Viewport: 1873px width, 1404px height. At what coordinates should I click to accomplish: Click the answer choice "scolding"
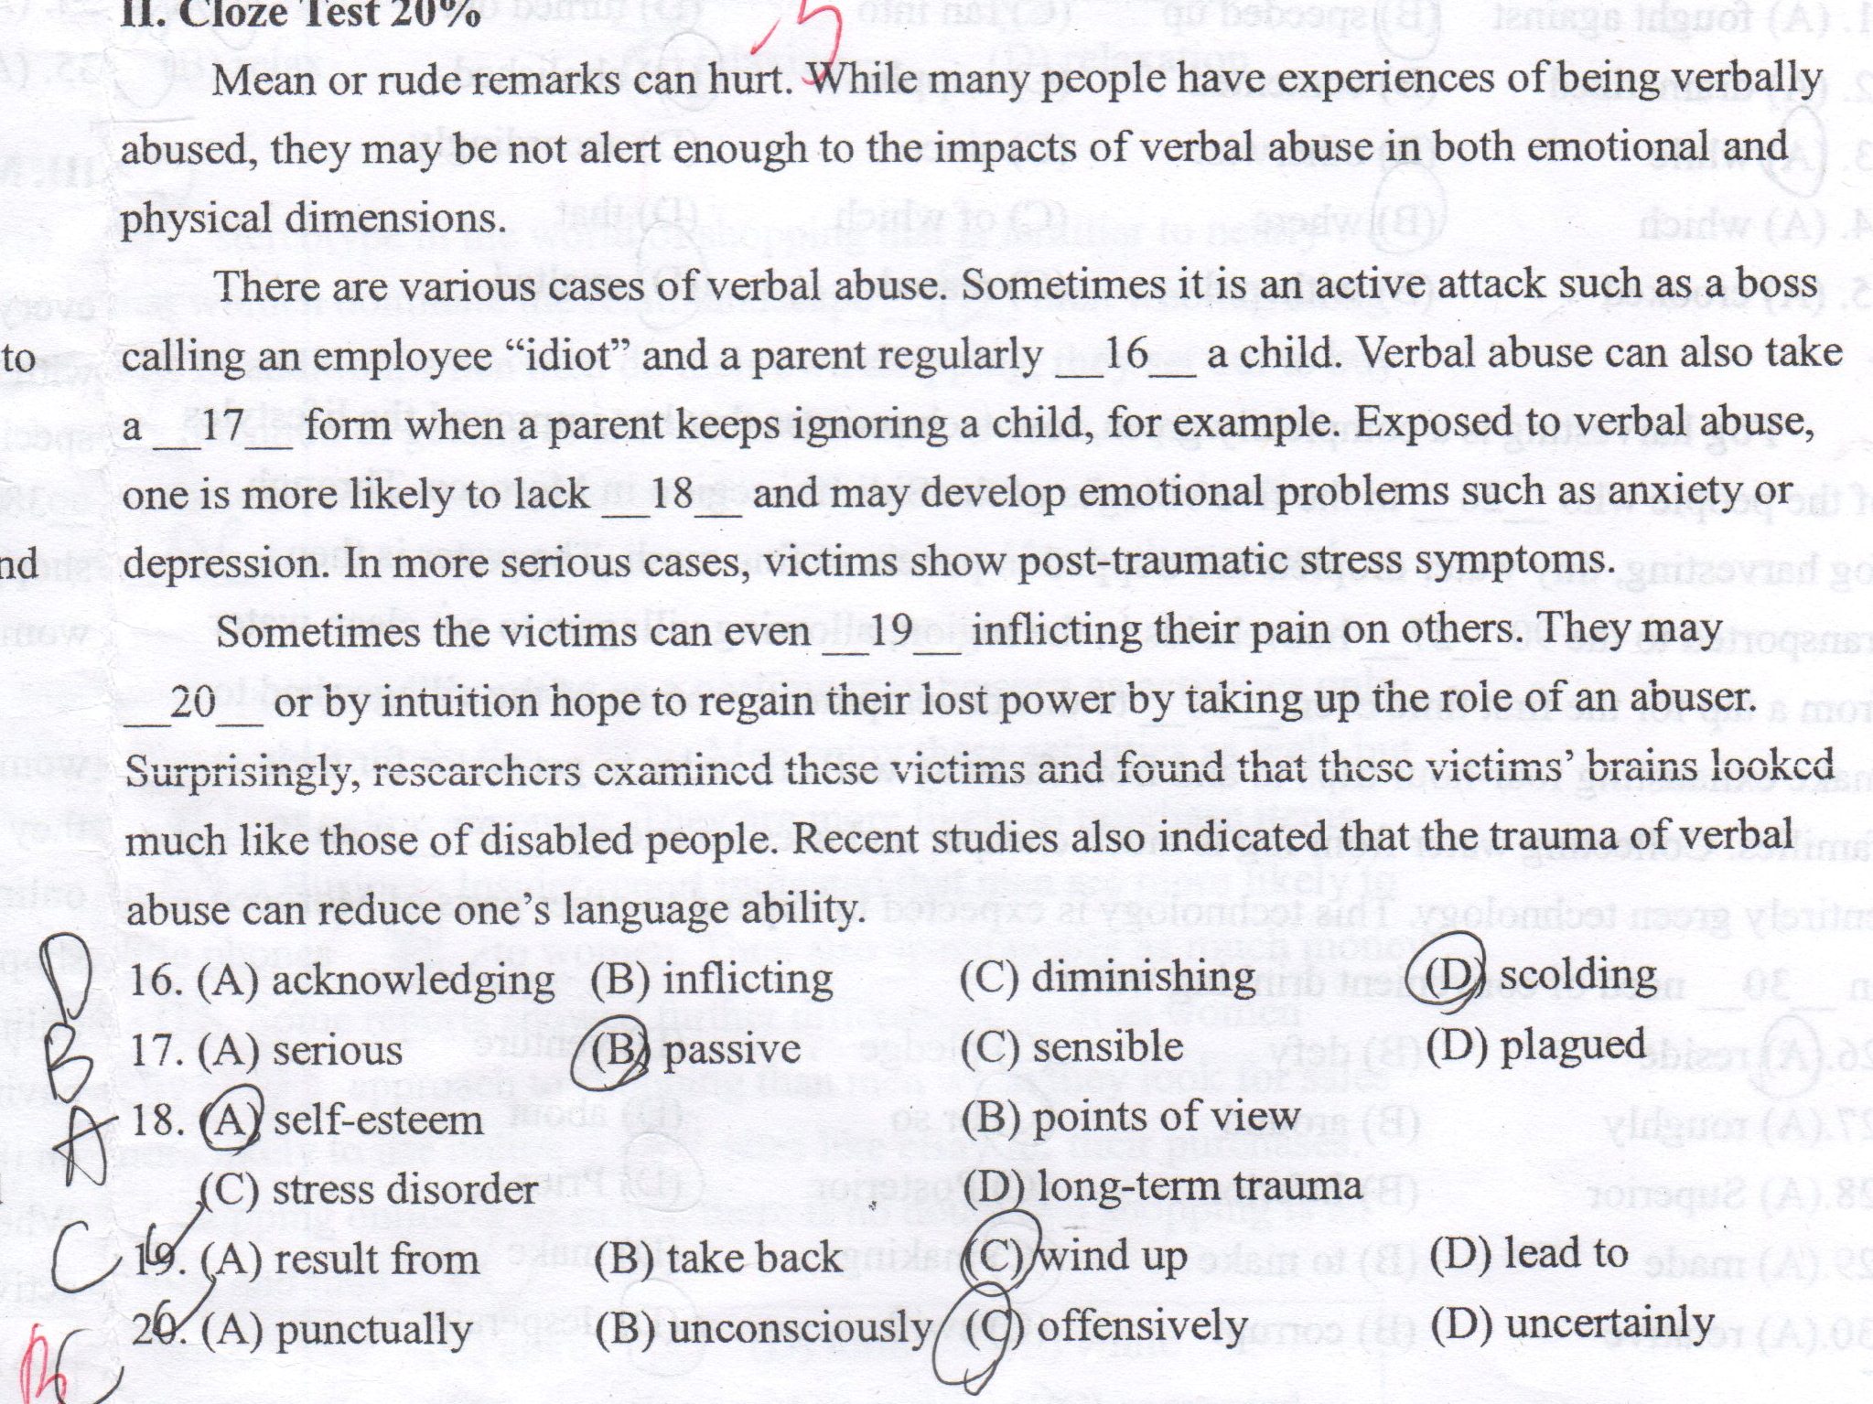(1577, 977)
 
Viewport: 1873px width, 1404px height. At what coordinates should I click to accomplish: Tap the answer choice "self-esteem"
(377, 1120)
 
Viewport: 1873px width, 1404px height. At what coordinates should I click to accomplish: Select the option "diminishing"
(1143, 978)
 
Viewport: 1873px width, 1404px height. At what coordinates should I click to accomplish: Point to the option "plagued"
(1572, 1045)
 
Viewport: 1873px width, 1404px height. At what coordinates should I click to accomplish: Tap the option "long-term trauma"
(1199, 1186)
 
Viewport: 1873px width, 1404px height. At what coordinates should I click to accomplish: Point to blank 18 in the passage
(671, 495)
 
